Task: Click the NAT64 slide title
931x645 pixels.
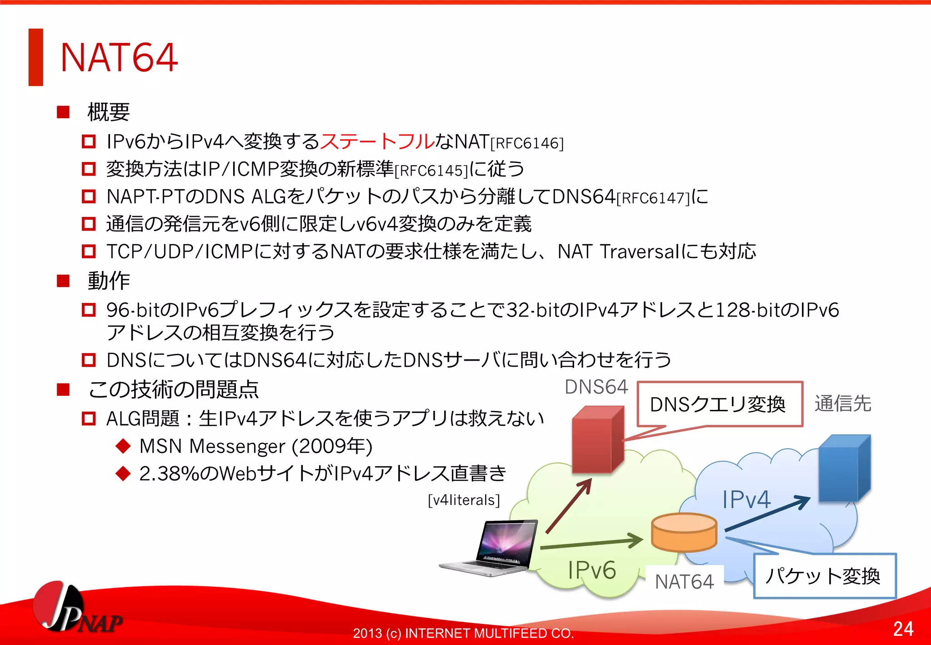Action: [119, 57]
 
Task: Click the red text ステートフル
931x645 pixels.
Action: [377, 141]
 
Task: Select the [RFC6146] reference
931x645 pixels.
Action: [526, 144]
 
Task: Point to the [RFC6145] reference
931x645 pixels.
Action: [431, 171]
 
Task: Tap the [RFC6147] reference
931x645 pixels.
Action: [653, 198]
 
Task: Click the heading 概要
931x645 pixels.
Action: [109, 112]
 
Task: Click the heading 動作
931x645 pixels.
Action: [109, 281]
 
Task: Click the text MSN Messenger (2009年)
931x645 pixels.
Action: [256, 446]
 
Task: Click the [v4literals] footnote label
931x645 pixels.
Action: [464, 500]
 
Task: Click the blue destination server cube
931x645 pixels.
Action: [844, 469]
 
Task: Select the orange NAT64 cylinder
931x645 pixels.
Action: [684, 532]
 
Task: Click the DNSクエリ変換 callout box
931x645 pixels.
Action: [719, 404]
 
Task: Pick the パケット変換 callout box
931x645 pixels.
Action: [824, 576]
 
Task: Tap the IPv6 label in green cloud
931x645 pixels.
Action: [592, 570]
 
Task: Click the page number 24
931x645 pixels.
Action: [903, 629]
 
